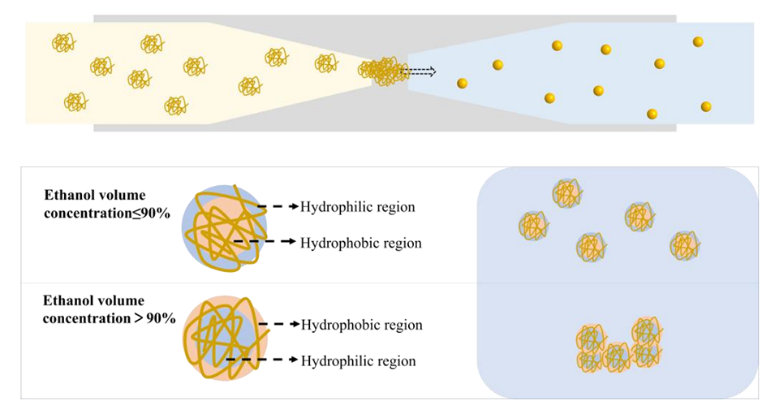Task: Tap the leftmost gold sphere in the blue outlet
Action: pos(462,83)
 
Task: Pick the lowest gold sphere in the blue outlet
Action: pos(652,114)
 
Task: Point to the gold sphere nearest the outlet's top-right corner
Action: pos(698,41)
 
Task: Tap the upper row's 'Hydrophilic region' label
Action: pos(357,207)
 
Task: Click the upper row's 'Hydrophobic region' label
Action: pos(360,243)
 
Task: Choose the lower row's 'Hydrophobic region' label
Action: pos(361,325)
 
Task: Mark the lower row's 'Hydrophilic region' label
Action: pos(358,360)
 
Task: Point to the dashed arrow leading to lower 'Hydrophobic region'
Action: pos(278,325)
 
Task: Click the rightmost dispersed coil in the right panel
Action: pos(685,245)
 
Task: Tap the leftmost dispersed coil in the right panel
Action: pos(533,225)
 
